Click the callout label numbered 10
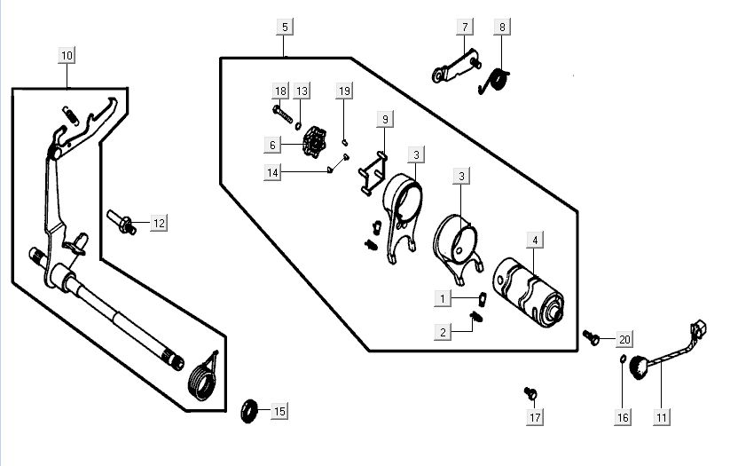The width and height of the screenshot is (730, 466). click(x=67, y=55)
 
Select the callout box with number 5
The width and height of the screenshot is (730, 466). click(x=285, y=28)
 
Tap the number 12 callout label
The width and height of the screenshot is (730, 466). click(x=159, y=223)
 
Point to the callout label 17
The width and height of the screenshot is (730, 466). click(x=535, y=416)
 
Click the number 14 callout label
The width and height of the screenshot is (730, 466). click(x=273, y=173)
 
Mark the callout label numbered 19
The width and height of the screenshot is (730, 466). click(x=345, y=91)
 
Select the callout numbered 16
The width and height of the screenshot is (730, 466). click(x=624, y=416)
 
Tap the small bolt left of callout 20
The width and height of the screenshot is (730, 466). click(x=590, y=336)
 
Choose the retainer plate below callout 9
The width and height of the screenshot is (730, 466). click(x=373, y=175)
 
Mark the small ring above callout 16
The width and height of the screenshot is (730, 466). click(x=623, y=359)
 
